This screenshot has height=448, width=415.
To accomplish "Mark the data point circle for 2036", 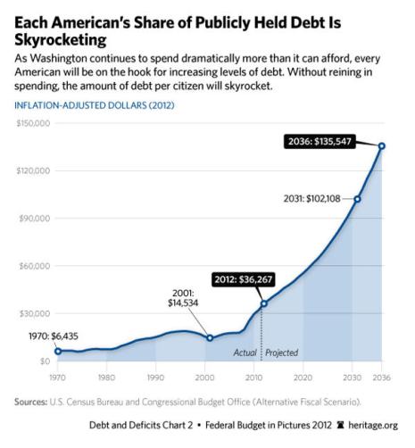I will pyautogui.click(x=382, y=145).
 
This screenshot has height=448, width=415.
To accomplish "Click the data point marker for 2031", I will pyautogui.click(x=357, y=199).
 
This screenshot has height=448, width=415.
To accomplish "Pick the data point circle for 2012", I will pyautogui.click(x=263, y=303).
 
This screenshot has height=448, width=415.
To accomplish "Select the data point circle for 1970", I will pyautogui.click(x=58, y=351).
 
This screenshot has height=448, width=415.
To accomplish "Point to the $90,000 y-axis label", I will pyautogui.click(x=34, y=219).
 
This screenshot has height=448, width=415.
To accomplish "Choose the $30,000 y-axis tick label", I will pyautogui.click(x=34, y=313).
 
